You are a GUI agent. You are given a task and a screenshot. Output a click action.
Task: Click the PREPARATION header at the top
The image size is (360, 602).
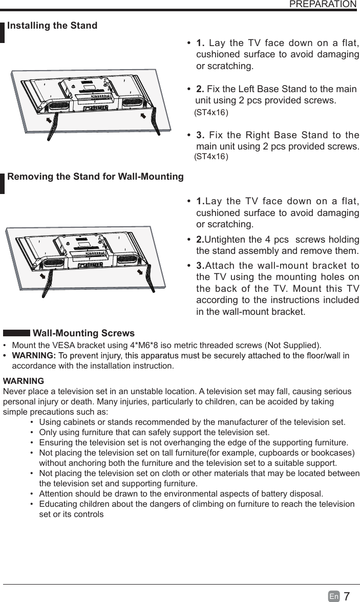[x=323, y=5]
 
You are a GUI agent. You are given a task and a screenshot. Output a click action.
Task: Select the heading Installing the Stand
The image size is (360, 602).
[x=52, y=26]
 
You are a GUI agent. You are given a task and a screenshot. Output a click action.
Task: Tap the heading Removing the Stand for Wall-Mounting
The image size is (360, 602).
[x=96, y=177]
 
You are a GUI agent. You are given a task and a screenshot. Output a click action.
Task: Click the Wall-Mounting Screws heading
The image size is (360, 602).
[x=83, y=334]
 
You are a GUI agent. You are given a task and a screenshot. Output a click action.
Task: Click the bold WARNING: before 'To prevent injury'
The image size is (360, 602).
[x=33, y=356]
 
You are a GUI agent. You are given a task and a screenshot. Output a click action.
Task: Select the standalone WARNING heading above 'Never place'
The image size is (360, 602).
[x=24, y=381]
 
